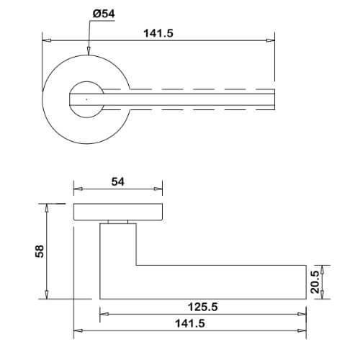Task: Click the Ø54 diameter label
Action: pos(104,14)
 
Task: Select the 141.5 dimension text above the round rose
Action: pos(158,33)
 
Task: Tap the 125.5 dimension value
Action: pos(203,307)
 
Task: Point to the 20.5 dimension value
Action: pos(315,282)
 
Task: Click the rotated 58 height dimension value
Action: pos(40,251)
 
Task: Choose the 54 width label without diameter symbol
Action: pos(118,181)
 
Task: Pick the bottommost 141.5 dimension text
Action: pos(190,323)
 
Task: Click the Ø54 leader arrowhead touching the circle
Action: pos(89,51)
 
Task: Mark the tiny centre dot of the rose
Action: pos(86,99)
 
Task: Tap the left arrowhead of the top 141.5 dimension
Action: pos(46,40)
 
